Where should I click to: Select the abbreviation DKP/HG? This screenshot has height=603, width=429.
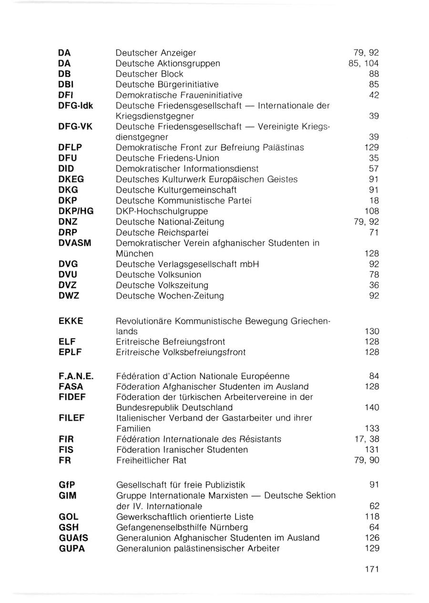point(76,211)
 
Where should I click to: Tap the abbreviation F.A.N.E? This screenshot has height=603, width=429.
point(74,376)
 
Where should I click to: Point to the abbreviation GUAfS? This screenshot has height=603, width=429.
point(73,538)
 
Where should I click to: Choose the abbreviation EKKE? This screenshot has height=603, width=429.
point(71,321)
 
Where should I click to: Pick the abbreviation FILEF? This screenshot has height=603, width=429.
point(71,418)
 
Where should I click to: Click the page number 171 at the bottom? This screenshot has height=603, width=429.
point(371,569)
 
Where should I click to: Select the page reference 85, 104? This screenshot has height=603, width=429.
point(364,63)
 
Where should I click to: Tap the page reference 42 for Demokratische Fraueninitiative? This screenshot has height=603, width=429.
point(374,95)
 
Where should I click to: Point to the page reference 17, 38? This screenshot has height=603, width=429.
point(367,439)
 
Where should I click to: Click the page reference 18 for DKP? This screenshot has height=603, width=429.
point(374,201)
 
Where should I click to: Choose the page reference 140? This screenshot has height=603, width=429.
point(372,407)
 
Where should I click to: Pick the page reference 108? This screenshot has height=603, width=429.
point(372,211)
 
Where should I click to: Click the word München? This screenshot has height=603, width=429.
point(135,253)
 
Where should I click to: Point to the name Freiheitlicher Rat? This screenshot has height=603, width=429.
point(151,460)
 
